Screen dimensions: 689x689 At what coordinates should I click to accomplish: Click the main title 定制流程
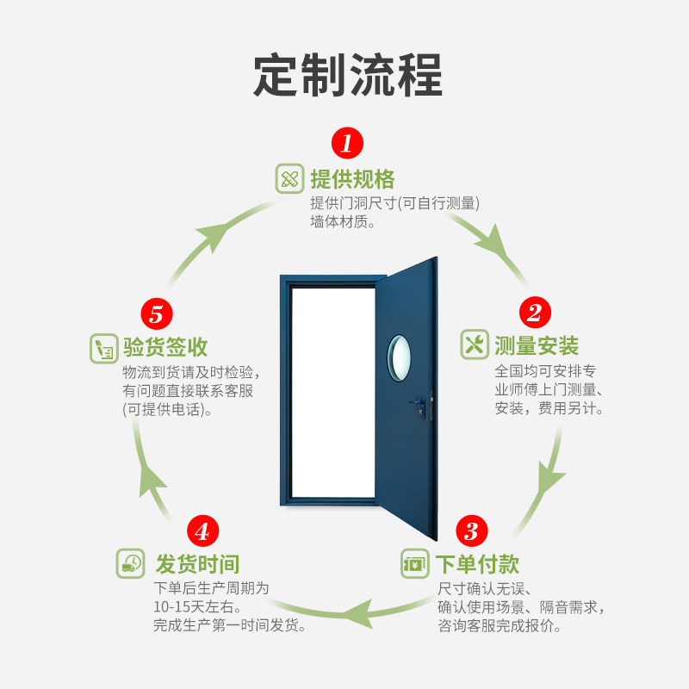[x=347, y=76]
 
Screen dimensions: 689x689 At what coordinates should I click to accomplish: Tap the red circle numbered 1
[x=347, y=143]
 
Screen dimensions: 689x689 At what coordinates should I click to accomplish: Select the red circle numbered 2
[x=534, y=312]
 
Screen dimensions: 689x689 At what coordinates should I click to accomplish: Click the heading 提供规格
[x=352, y=179]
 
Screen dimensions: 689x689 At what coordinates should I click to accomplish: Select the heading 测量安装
[x=537, y=346]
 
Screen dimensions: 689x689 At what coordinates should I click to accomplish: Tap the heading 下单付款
[x=477, y=565]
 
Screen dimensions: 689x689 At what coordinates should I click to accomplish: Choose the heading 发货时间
[x=197, y=565]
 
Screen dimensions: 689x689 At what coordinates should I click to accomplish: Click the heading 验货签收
[x=165, y=347]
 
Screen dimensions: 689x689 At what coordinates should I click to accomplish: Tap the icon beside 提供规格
[x=289, y=179]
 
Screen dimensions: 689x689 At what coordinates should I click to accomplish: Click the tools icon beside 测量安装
[x=475, y=344]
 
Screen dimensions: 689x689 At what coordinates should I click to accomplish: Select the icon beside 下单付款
[x=414, y=565]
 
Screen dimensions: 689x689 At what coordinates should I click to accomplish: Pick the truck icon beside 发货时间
[x=131, y=564]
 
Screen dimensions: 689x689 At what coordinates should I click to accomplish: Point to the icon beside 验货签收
[x=103, y=348]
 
